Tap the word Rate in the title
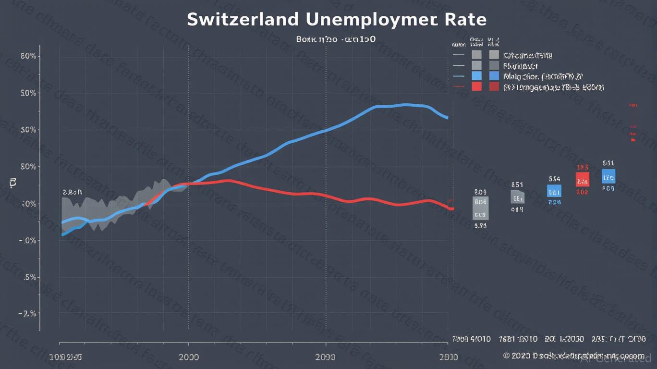coord(466,20)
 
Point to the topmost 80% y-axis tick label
coord(29,56)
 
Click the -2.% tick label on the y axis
coord(27,314)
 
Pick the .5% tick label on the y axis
coord(29,277)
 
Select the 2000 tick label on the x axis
coord(188,358)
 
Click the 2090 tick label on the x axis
coord(326,358)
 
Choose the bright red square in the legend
coord(476,86)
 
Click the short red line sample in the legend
coord(459,87)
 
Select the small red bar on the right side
coord(582,179)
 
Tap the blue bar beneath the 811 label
coord(608,176)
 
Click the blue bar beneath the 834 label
coord(554,191)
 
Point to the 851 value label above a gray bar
coord(517,184)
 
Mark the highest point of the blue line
coord(406,104)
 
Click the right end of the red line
coord(451,209)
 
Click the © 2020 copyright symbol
coord(506,356)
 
